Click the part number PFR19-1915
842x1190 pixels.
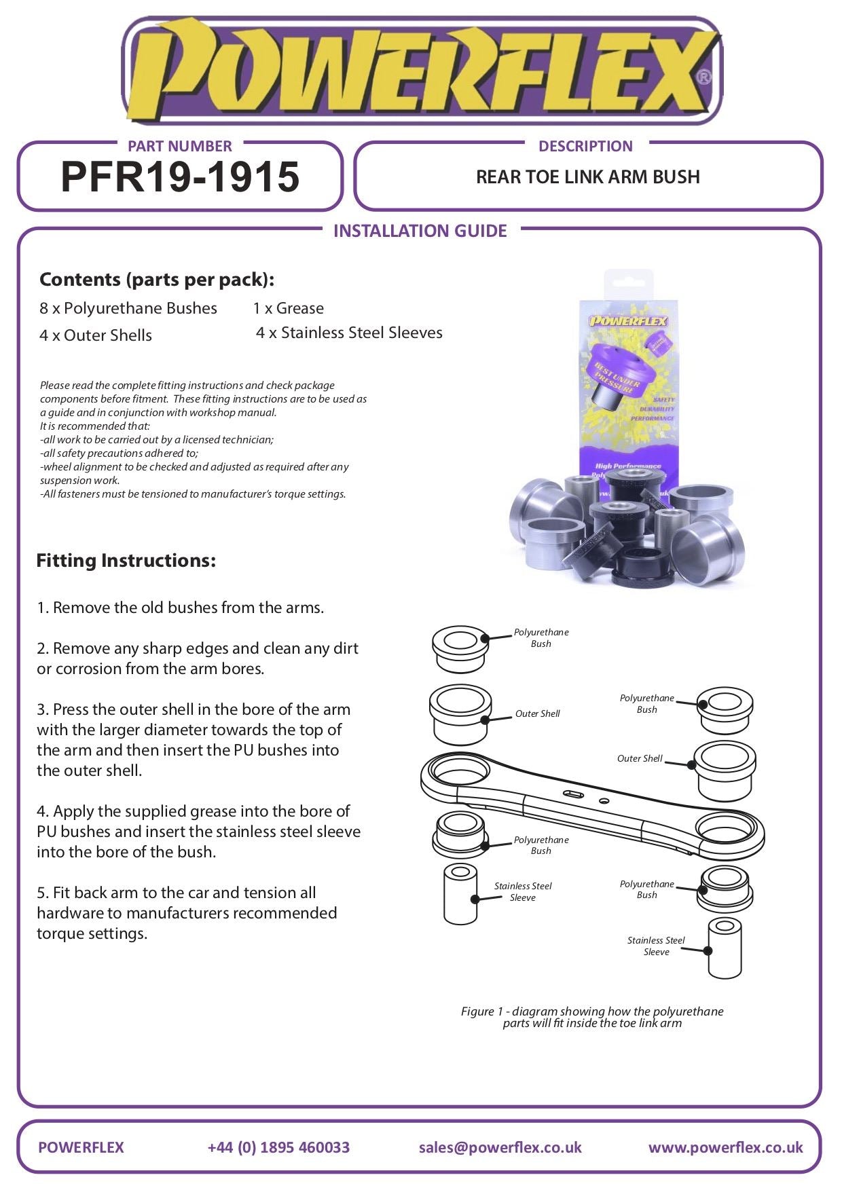click(x=180, y=178)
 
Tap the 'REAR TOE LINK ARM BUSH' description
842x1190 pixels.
click(x=587, y=177)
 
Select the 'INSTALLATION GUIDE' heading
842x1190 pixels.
click(x=420, y=231)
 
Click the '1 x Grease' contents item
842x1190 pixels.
click(x=288, y=308)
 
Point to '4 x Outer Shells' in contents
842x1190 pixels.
click(x=96, y=335)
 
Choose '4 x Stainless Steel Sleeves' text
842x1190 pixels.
click(x=349, y=333)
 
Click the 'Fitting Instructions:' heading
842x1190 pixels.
click(x=126, y=561)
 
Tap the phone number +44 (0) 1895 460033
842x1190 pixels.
click(x=278, y=1147)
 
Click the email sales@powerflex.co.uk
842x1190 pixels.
click(x=500, y=1147)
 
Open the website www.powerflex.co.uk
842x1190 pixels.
click(x=725, y=1147)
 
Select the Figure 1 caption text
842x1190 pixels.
click(x=592, y=1017)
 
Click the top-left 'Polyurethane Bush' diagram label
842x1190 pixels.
click(x=541, y=638)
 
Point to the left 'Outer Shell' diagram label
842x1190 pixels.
click(x=537, y=713)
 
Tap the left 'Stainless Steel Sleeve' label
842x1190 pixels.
click(x=523, y=891)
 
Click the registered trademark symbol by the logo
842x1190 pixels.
click(x=704, y=77)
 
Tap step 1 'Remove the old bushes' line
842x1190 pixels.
click(x=181, y=608)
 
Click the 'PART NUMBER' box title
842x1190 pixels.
click(x=180, y=146)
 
